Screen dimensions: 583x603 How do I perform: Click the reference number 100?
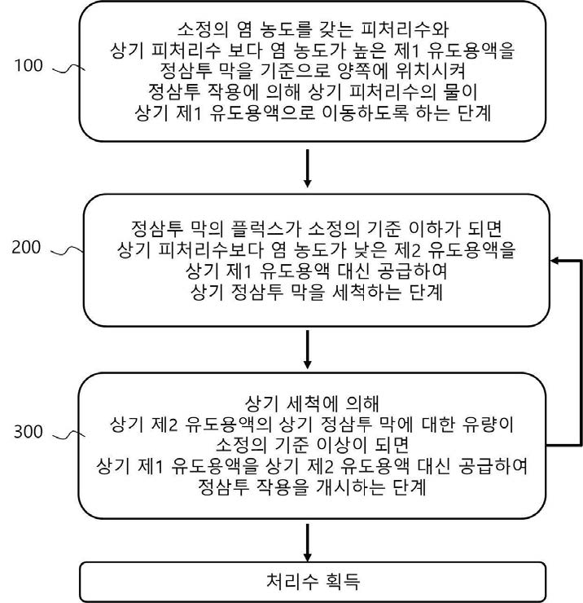[x=28, y=65]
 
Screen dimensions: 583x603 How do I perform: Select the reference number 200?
[x=26, y=247]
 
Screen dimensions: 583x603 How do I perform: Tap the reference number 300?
[x=28, y=432]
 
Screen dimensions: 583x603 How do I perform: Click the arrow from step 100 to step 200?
[x=307, y=168]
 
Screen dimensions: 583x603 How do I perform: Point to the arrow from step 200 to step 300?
[x=307, y=350]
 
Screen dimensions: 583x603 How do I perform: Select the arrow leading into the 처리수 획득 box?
[x=307, y=543]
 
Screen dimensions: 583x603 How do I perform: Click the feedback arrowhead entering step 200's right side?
[x=555, y=261]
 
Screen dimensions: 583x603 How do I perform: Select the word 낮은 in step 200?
[x=372, y=250]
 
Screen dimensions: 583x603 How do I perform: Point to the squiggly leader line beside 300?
[x=68, y=435]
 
